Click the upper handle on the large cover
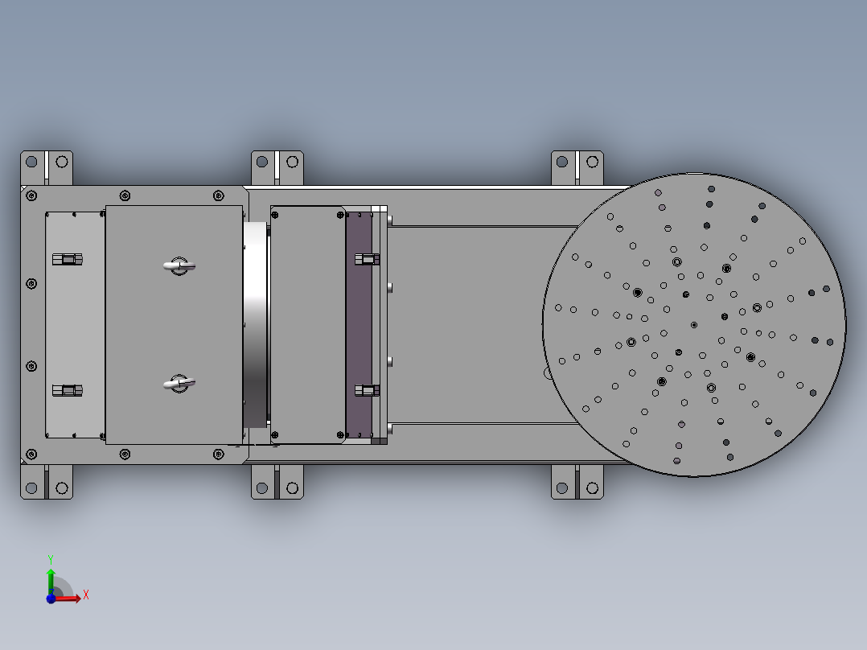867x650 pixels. click(179, 265)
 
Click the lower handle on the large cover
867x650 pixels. click(179, 384)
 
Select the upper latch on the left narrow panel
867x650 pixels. click(68, 259)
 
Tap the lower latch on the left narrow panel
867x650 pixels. click(68, 390)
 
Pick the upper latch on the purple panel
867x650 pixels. click(367, 259)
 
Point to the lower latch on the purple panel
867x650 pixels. click(367, 390)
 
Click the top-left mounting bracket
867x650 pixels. click(46, 167)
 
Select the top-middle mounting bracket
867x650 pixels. click(277, 167)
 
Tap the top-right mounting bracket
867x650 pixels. click(577, 167)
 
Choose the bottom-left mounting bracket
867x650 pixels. click(46, 482)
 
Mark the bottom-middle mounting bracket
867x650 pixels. click(277, 483)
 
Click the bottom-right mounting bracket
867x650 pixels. click(577, 483)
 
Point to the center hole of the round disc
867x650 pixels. click(694, 325)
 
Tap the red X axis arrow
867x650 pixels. click(71, 598)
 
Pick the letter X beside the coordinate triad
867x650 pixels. click(85, 595)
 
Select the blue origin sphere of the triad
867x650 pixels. click(51, 599)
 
